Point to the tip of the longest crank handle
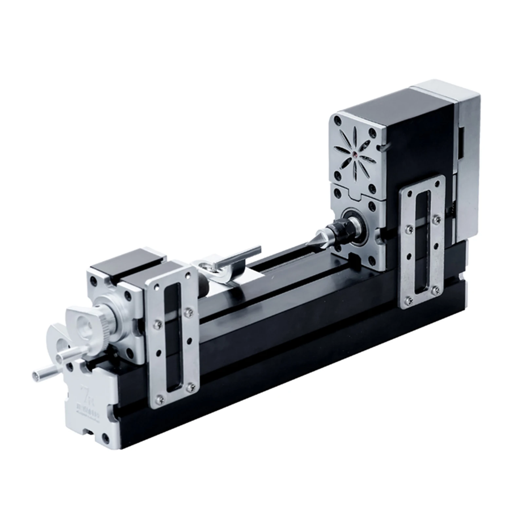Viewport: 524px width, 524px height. [x=35, y=374]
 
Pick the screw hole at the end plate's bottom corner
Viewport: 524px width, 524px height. [x=106, y=437]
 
